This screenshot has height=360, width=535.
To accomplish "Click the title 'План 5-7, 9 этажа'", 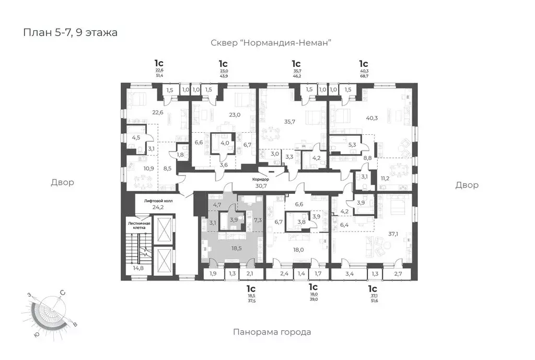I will tap(70, 32).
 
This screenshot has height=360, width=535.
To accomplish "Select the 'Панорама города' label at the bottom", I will tap(272, 332).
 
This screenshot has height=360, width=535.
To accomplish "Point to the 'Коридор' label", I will tap(260, 179).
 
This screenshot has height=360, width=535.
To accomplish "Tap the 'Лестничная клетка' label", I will tap(140, 225).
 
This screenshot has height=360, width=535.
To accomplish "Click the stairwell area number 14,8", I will tap(138, 268).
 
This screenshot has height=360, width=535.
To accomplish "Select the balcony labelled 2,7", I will tap(398, 273).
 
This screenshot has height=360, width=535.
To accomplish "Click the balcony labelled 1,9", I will tap(213, 273).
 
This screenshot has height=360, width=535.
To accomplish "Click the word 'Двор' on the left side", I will tap(62, 182).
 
